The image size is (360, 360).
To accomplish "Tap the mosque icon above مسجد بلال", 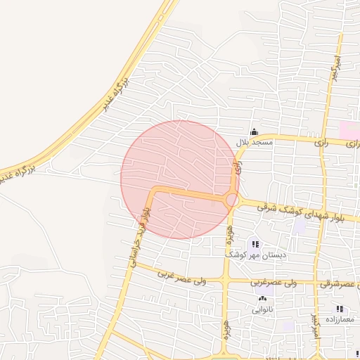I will coord(254,131).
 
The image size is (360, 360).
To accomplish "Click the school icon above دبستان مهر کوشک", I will coord(255,244).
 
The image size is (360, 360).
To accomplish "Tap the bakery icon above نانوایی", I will coord(263,298).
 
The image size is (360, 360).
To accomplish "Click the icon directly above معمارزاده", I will coord(339,309).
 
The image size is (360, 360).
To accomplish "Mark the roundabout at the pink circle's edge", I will coord(231,200).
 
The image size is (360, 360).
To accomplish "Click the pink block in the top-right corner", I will coord(349,130).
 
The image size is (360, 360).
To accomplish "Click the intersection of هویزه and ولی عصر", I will coord(225,281).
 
